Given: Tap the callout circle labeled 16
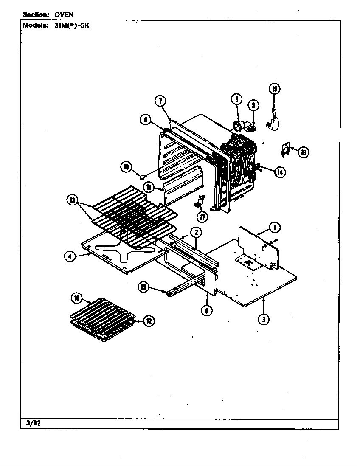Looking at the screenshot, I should pyautogui.click(x=303, y=152).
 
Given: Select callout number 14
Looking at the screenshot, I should pyautogui.click(x=279, y=172).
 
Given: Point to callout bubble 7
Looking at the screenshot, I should pyautogui.click(x=160, y=101).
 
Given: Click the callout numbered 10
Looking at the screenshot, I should pyautogui.click(x=127, y=167).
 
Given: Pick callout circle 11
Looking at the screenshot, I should pyautogui.click(x=148, y=187).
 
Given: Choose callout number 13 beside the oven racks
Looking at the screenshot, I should pyautogui.click(x=73, y=200).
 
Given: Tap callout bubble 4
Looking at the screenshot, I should pyautogui.click(x=70, y=256).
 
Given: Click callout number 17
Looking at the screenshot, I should pyautogui.click(x=202, y=217).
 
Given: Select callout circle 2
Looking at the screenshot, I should pyautogui.click(x=196, y=232).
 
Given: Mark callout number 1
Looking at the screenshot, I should pyautogui.click(x=275, y=228).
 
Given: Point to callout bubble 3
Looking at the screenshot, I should pyautogui.click(x=264, y=320).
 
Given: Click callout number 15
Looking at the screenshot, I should pyautogui.click(x=143, y=287).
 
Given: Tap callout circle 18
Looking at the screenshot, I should pyautogui.click(x=77, y=298).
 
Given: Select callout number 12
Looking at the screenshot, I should pyautogui.click(x=149, y=321).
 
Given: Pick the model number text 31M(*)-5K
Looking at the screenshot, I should pyautogui.click(x=72, y=25).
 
